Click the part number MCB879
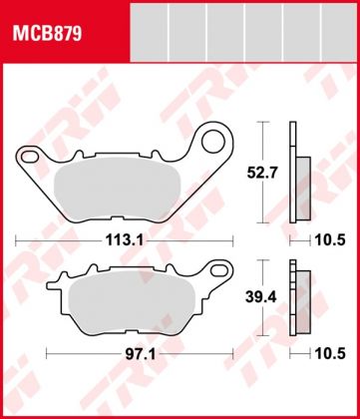pos(47,32)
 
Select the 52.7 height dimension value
pos(261,172)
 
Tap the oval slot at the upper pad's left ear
pos(28,156)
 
